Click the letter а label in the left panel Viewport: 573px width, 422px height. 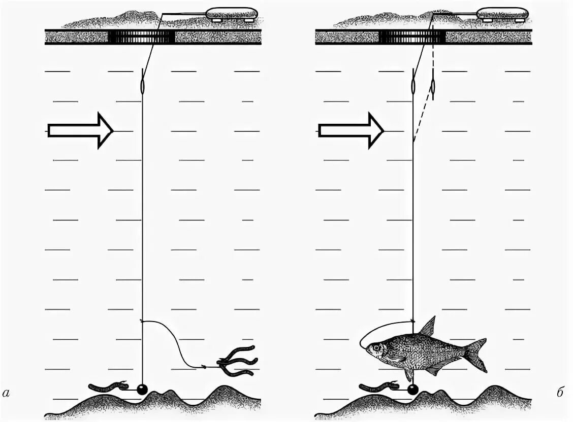point(6,393)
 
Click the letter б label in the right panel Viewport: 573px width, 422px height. point(560,393)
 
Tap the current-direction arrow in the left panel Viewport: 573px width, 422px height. point(80,130)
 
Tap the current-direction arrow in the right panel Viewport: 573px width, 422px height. point(351,130)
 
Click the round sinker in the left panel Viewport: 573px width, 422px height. point(141,390)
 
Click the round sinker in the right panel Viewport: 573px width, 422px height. point(412,390)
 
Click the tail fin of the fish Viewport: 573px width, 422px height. point(476,355)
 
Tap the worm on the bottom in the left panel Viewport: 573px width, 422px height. point(108,387)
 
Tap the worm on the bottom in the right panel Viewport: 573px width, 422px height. point(378,387)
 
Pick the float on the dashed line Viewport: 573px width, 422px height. point(432,87)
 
